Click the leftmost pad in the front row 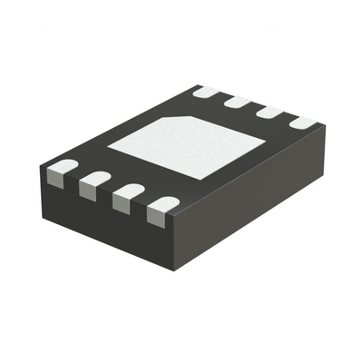point(62,171)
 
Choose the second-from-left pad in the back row point(238,102)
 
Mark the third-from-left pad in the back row point(270,113)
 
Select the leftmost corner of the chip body point(41,169)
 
